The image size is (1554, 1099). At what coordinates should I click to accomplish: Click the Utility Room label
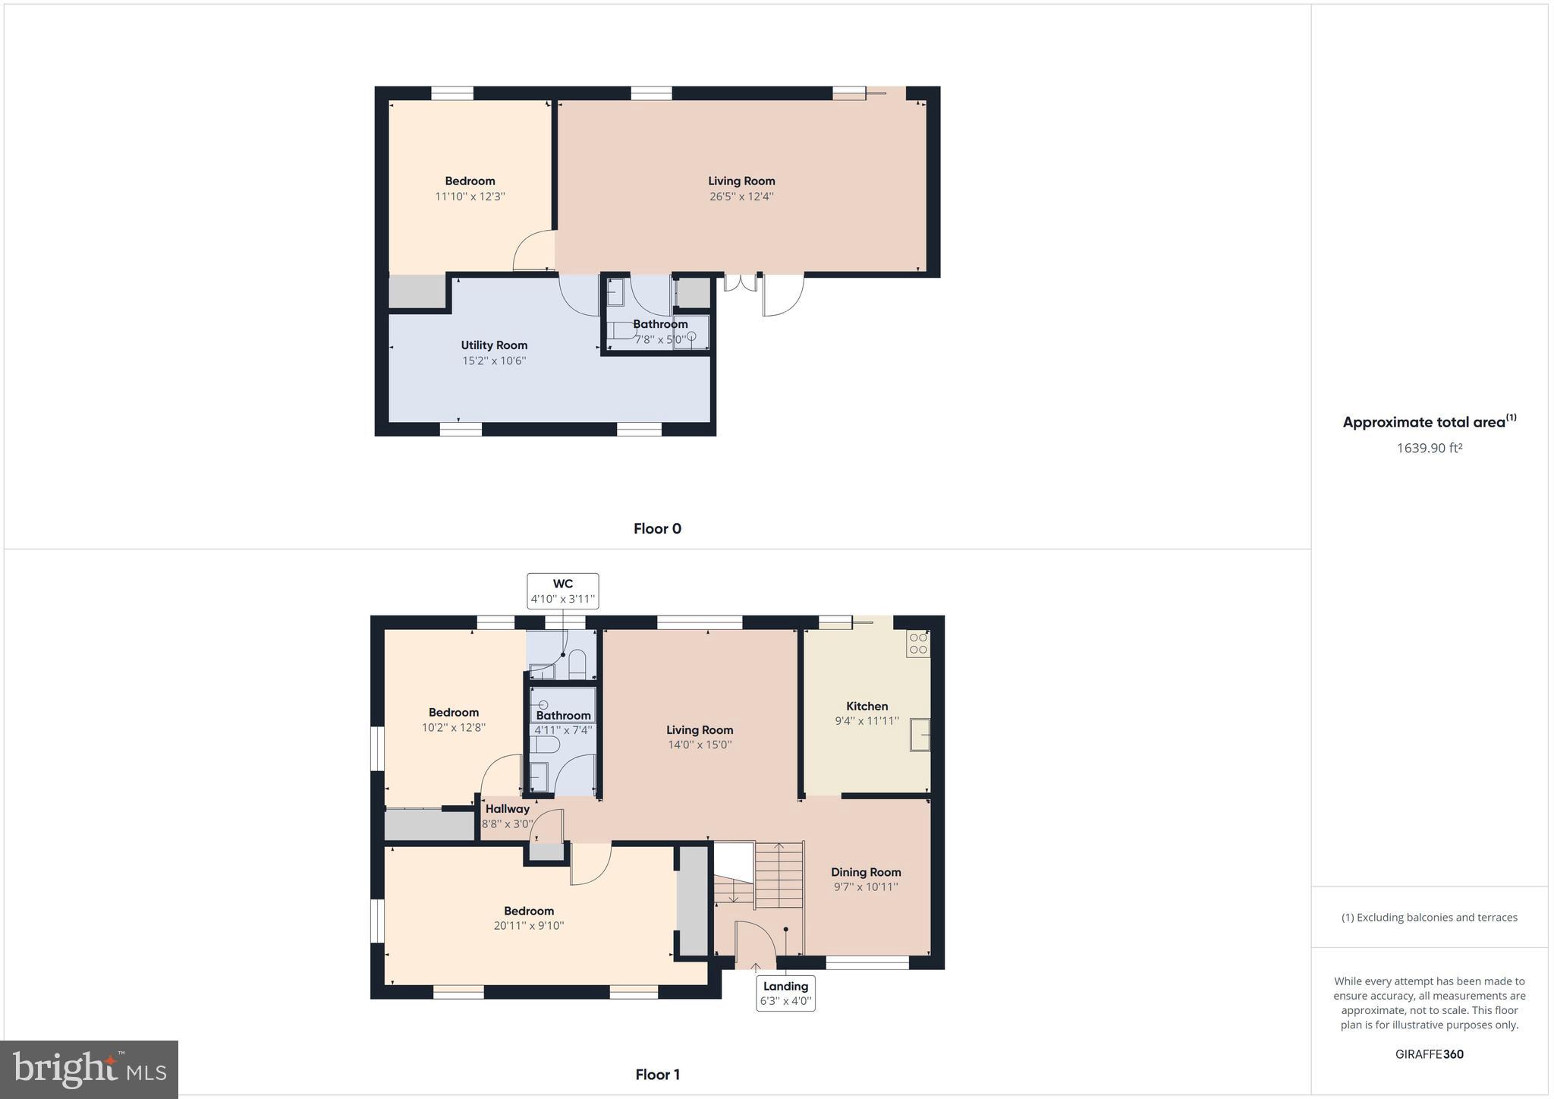tap(494, 345)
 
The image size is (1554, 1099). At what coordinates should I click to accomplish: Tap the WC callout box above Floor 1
tap(563, 591)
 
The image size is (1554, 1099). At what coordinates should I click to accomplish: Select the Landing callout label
tap(785, 994)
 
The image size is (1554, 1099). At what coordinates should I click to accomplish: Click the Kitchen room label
tap(867, 706)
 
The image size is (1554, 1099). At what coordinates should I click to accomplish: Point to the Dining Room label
tap(866, 872)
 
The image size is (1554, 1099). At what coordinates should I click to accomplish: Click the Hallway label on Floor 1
tap(508, 809)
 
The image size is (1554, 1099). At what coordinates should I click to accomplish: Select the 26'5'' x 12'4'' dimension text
tap(741, 197)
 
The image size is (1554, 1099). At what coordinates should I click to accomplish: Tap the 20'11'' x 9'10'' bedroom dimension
tap(529, 926)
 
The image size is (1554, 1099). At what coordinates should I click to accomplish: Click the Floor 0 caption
tap(657, 529)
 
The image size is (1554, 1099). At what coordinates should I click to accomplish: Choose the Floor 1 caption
tap(657, 1075)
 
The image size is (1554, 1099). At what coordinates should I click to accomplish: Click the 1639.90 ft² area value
tap(1429, 448)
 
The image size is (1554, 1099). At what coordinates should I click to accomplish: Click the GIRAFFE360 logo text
tap(1429, 1054)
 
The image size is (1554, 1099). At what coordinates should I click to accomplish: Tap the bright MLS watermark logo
tap(90, 1070)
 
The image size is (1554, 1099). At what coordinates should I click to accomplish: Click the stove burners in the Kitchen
tap(918, 644)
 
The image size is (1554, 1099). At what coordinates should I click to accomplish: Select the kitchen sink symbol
tap(920, 734)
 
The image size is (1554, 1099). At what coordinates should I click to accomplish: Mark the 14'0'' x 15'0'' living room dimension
tap(700, 745)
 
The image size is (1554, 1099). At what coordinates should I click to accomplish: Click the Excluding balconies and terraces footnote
tap(1429, 918)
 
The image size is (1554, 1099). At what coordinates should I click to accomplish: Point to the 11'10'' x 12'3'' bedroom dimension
tap(470, 197)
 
